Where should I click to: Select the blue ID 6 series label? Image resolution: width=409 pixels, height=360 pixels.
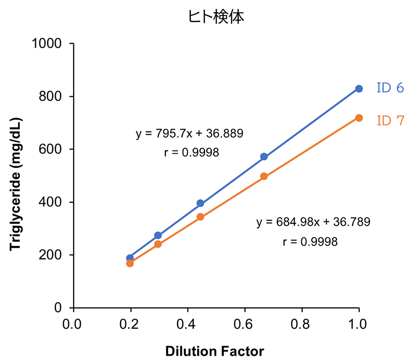coord(390,88)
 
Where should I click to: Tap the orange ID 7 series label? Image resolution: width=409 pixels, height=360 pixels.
coord(390,121)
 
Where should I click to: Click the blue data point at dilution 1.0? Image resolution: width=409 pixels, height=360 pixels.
coord(359,89)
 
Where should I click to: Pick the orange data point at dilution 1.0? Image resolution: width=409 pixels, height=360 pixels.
coord(359,118)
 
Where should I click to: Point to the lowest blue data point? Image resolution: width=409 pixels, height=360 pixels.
coord(130,258)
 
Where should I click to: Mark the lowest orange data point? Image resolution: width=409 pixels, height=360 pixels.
coord(130,263)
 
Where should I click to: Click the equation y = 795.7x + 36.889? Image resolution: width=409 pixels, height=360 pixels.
coord(190,134)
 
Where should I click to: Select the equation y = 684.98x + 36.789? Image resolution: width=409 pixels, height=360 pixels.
coord(314,222)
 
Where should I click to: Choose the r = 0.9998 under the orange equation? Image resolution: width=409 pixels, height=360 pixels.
coord(310,241)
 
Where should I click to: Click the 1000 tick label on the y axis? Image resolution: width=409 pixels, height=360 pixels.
coord(50,44)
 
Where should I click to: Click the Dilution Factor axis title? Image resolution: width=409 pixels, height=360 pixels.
coord(214,351)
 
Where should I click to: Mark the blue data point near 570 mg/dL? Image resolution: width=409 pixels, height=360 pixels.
coord(264,157)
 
